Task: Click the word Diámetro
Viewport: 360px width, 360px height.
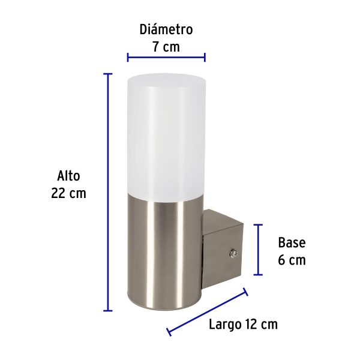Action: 166,29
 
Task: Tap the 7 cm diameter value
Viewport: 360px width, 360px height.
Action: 166,46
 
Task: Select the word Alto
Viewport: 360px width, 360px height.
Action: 68,176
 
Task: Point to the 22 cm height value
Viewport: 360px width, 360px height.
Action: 68,193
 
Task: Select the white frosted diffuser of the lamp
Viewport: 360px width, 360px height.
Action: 166,138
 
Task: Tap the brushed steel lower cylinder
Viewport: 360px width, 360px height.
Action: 166,252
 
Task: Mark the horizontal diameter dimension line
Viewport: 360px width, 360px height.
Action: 166,58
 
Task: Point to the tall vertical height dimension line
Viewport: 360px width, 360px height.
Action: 108,192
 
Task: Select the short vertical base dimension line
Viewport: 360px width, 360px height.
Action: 258,249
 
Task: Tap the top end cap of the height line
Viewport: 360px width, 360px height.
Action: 108,74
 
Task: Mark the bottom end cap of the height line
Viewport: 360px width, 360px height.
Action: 108,310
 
